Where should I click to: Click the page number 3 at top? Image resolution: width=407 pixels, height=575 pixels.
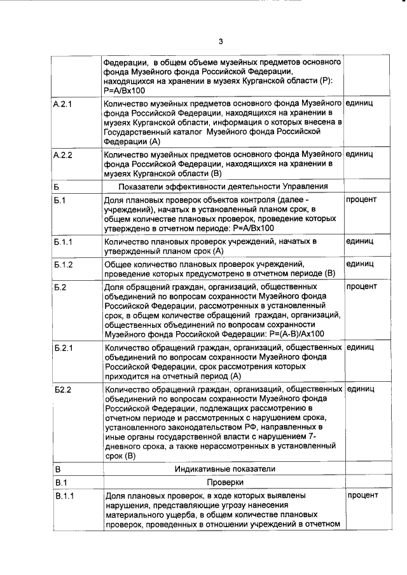tap(220, 42)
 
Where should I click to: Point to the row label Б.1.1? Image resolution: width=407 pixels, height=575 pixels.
tap(64, 242)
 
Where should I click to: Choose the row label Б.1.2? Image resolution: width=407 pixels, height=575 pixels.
tap(64, 264)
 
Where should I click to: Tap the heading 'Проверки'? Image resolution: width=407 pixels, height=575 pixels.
tap(224, 482)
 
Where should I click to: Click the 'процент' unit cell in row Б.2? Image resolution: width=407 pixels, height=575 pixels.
tap(361, 287)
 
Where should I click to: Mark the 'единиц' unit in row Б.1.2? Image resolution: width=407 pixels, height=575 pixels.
tap(359, 264)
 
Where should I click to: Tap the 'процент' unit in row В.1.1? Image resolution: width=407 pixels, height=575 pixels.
tap(362, 496)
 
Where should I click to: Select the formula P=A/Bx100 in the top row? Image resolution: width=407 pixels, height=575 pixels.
tap(125, 90)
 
